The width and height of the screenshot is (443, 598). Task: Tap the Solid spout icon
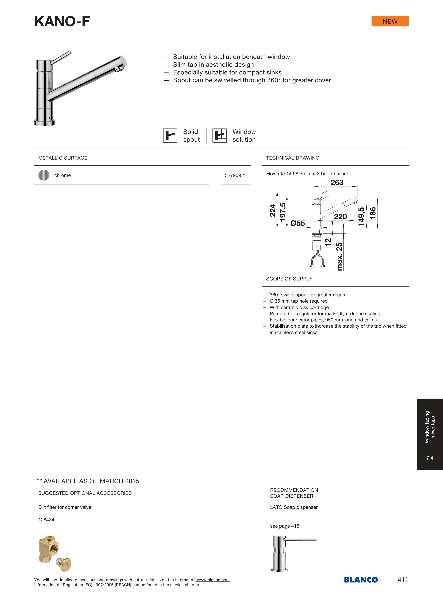coord(170,135)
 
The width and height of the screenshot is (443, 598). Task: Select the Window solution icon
coord(219,135)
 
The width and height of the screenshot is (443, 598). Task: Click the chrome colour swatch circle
coord(44,175)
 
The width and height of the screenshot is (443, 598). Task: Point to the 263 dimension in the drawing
coord(337,183)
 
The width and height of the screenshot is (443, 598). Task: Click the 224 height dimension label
coord(272,210)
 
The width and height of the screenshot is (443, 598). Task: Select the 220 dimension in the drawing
coord(340,216)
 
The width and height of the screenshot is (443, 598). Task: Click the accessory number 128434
coord(46,520)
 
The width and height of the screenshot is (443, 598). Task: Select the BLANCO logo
coord(361,580)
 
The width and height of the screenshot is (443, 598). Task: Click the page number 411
coord(403,580)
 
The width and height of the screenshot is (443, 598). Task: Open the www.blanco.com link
coord(213,580)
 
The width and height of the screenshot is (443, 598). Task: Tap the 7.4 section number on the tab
coord(430,458)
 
